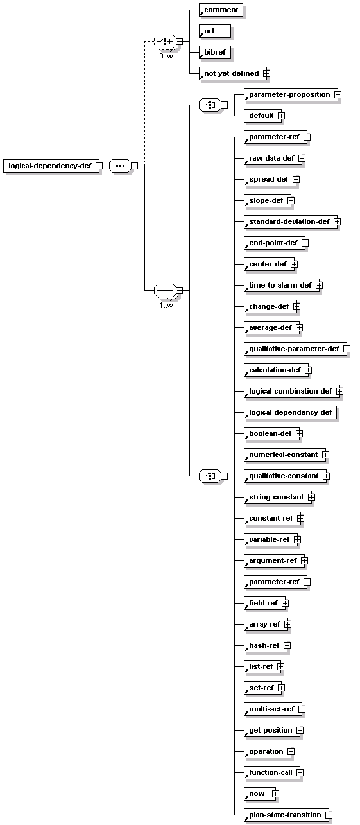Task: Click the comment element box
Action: pyautogui.click(x=221, y=10)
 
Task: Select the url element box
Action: pyautogui.click(x=215, y=31)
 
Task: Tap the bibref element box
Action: pyautogui.click(x=215, y=52)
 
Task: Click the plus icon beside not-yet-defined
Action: pyautogui.click(x=266, y=74)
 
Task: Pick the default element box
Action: pyautogui.click(x=263, y=116)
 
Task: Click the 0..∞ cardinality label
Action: pyautogui.click(x=166, y=56)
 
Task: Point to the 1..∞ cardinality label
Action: pyautogui.click(x=166, y=305)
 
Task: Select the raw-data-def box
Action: pyautogui.click(x=273, y=159)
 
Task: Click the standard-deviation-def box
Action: pyautogui.click(x=291, y=221)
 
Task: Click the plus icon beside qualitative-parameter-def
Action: pyautogui.click(x=347, y=349)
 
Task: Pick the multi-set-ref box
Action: pyautogui.click(x=273, y=709)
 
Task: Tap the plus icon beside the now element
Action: pyautogui.click(x=276, y=794)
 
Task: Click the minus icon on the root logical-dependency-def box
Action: pyautogui.click(x=99, y=166)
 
